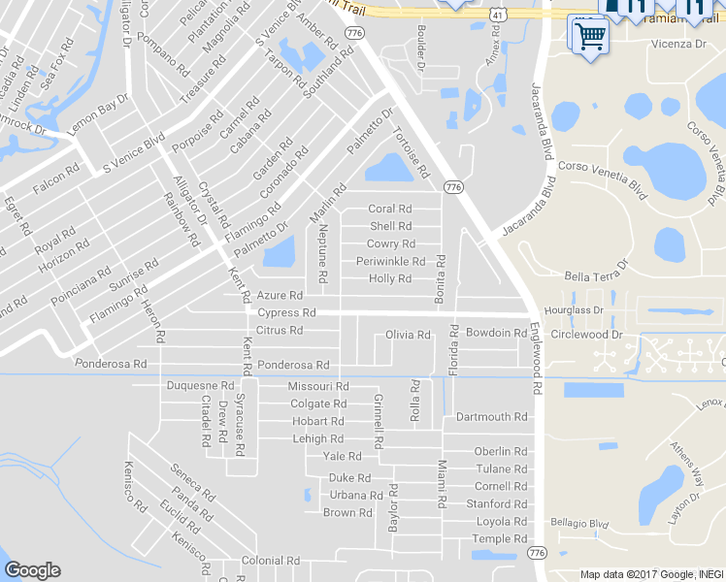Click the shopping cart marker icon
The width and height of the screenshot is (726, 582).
(589, 37)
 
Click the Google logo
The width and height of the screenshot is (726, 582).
(32, 569)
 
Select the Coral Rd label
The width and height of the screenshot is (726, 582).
(390, 209)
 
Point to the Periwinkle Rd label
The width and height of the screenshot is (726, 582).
(390, 262)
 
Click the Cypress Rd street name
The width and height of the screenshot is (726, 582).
(287, 313)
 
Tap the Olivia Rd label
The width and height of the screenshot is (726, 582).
(408, 335)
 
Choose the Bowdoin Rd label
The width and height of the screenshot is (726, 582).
(496, 333)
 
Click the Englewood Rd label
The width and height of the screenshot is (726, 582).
(535, 359)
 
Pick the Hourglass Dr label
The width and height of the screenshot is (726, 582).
(575, 310)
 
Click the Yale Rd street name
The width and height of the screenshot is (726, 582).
(342, 456)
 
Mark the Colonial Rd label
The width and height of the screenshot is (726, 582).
(272, 561)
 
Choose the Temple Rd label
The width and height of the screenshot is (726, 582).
(500, 539)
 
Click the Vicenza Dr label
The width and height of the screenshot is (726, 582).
(678, 45)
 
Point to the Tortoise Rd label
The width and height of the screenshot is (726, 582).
(410, 154)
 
